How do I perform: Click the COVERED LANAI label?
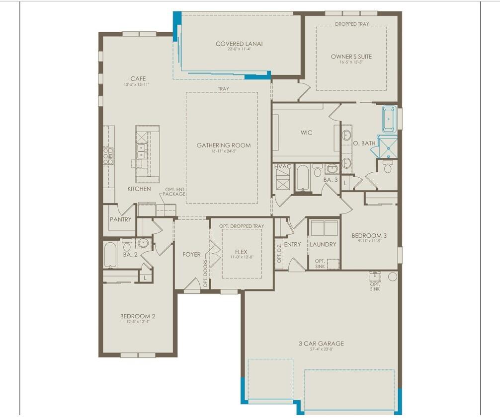tap(239, 44)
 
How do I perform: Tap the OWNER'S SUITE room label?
tap(351, 57)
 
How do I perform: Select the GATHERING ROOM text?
tap(223, 145)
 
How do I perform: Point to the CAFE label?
tap(138, 79)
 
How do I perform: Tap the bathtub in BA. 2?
tap(110, 255)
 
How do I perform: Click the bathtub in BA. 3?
tap(303, 178)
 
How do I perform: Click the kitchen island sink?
tap(141, 151)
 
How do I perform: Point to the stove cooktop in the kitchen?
tap(108, 156)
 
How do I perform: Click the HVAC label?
tap(283, 166)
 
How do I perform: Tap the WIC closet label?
tap(306, 133)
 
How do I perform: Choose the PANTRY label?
tap(121, 219)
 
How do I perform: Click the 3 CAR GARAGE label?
tap(321, 344)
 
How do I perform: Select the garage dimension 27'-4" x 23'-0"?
tap(321, 349)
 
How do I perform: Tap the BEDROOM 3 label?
tap(369, 235)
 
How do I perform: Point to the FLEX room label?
tap(241, 252)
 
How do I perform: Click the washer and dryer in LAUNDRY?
tap(324, 228)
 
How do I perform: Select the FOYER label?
tap(191, 254)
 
